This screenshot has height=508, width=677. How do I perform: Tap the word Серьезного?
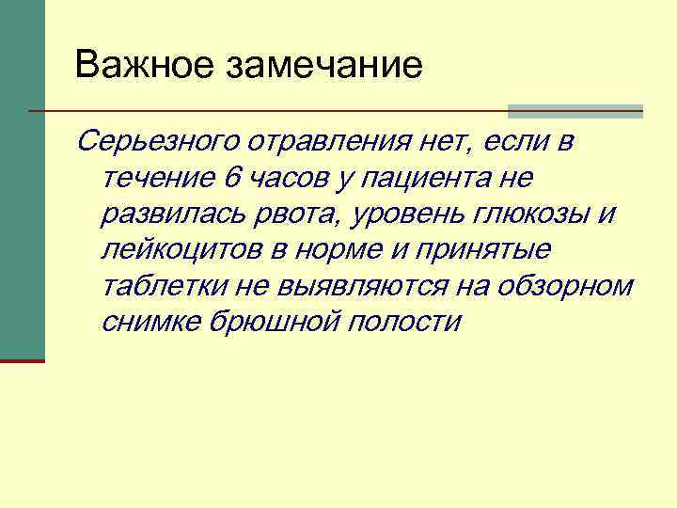pyautogui.click(x=159, y=142)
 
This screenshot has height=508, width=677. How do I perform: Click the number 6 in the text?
pyautogui.click(x=233, y=178)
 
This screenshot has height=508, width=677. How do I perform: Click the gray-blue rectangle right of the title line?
pyautogui.click(x=575, y=111)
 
